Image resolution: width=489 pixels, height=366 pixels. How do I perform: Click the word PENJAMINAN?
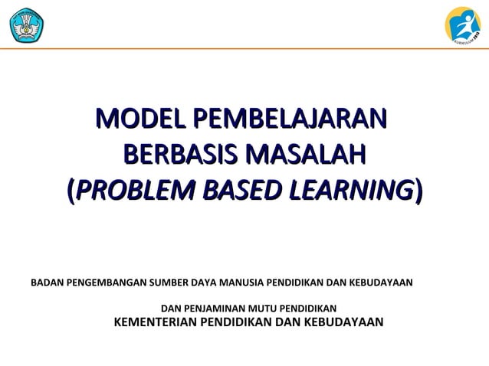click(x=213, y=308)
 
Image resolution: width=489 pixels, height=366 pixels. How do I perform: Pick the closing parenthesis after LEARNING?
click(x=417, y=188)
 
